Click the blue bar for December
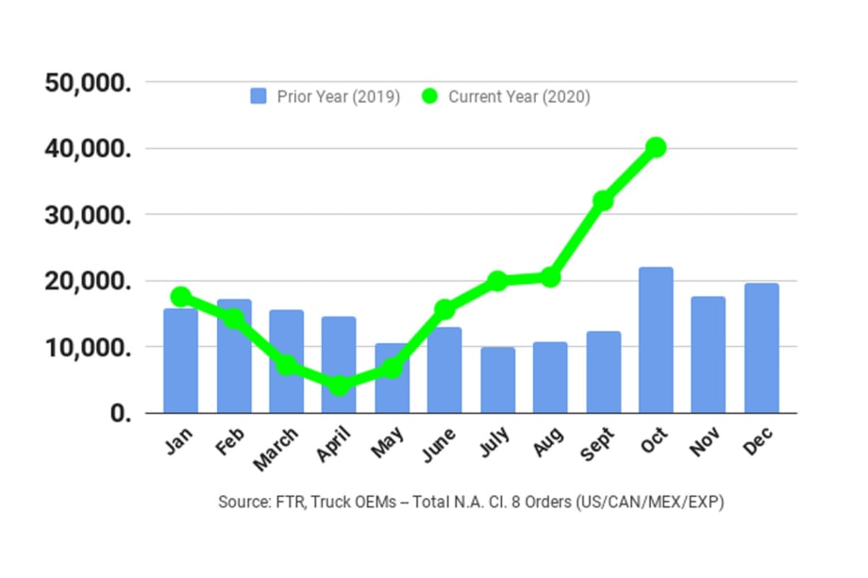pos(761,348)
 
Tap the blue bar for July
pos(497,380)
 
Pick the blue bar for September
pos(603,372)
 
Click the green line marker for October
pos(656,147)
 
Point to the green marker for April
pos(340,386)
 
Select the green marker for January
pos(181,296)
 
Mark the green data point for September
pos(603,201)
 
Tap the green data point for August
pos(550,277)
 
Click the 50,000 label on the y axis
pos(88,83)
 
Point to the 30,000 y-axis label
pos(88,215)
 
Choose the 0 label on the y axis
pos(120,414)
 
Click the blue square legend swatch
pos(259,96)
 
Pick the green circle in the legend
pos(430,96)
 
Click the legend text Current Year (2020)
pos(519,96)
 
